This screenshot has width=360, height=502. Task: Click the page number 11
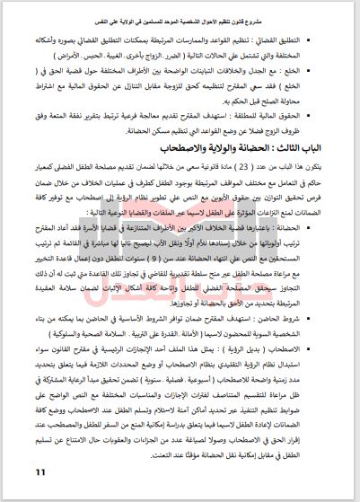[x=40, y=473]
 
